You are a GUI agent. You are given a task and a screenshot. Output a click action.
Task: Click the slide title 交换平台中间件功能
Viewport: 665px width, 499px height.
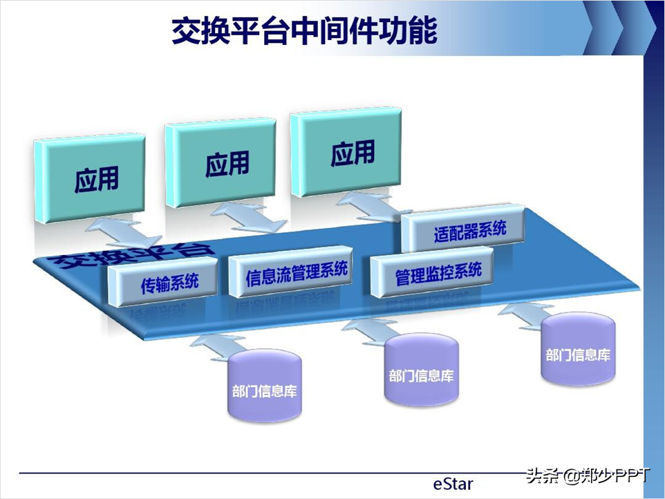click(x=304, y=32)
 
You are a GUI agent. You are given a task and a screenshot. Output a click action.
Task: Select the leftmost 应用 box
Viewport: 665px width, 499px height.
click(x=94, y=179)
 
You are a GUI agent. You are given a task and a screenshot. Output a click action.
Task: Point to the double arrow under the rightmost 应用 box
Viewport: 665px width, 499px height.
click(x=371, y=206)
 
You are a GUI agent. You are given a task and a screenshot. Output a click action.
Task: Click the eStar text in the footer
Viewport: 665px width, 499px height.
click(x=453, y=483)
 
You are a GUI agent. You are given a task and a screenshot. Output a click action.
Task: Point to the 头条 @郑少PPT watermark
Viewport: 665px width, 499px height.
click(x=588, y=475)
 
